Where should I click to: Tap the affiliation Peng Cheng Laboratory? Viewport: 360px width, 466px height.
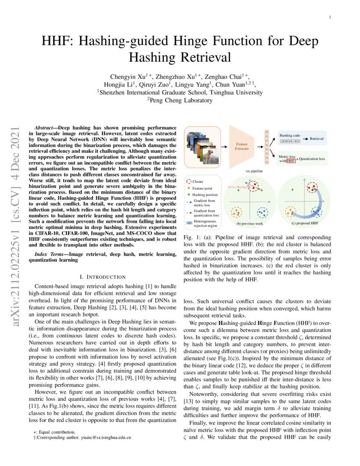(x=180, y=100)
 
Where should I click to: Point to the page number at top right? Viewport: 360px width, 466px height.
(x=330, y=17)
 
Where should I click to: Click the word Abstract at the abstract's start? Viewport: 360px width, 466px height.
(x=44, y=128)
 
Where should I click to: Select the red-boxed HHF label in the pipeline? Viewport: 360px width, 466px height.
(x=291, y=161)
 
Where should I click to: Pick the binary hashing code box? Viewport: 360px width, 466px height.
(x=291, y=141)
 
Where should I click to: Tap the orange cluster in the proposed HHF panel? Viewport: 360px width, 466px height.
(x=290, y=211)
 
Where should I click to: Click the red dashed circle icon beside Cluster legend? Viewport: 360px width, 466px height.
(x=189, y=181)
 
